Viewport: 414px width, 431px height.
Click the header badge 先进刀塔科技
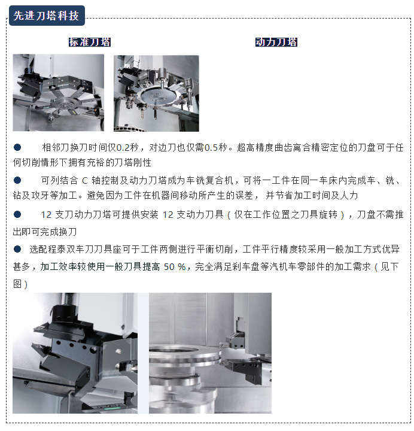pos(47,16)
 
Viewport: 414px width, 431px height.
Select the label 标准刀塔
pos(90,42)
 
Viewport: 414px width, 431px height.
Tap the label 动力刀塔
pos(276,42)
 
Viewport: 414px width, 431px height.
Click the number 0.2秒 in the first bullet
pos(127,148)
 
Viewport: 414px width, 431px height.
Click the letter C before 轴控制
pos(84,181)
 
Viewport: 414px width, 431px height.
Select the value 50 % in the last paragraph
pos(175,266)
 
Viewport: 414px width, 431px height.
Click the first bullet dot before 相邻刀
pos(17,147)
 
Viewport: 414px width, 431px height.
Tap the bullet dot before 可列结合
pos(17,180)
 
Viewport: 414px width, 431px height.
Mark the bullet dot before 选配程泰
pos(17,249)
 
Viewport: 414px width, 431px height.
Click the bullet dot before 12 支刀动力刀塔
pos(17,214)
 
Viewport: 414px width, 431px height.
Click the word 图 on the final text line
pos(17,284)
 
